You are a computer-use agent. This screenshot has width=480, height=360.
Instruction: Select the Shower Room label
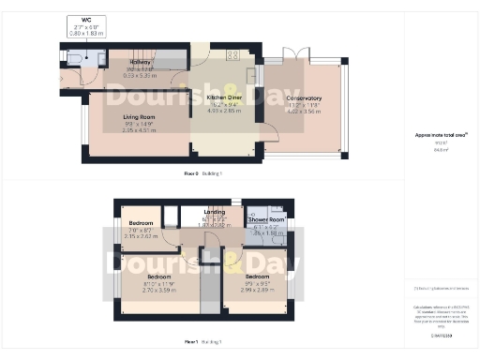tap(265, 220)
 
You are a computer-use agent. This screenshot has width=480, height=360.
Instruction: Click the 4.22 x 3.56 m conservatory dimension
tap(304, 111)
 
